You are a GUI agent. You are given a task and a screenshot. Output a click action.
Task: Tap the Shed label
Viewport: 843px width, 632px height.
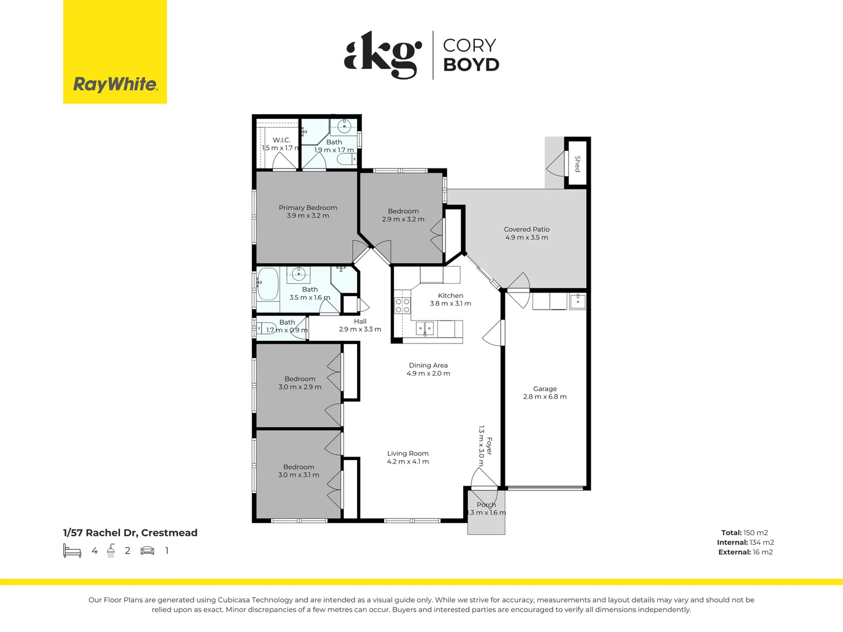(577, 163)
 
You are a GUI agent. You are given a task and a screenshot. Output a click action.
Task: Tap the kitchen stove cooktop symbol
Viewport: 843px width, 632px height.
(402, 305)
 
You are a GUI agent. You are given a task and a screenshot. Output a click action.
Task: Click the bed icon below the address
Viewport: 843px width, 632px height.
(72, 551)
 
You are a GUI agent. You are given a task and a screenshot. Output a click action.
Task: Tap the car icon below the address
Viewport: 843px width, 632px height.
(148, 551)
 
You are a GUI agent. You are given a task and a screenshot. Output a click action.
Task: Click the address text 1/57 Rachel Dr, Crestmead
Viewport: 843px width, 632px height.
(130, 533)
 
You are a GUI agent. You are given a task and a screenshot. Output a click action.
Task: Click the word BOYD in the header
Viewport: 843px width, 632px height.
(471, 64)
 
